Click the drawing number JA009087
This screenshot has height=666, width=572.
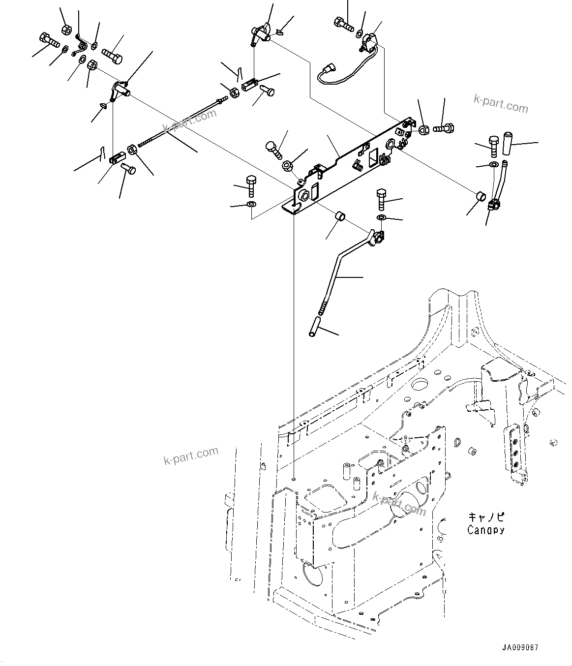[x=520, y=648]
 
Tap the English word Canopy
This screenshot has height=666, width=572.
[x=485, y=530]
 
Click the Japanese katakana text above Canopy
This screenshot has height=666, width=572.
[x=485, y=517]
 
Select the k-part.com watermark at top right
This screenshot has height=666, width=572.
[x=500, y=104]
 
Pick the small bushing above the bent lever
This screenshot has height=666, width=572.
[x=339, y=216]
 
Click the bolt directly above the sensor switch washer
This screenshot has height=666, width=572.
[x=344, y=23]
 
